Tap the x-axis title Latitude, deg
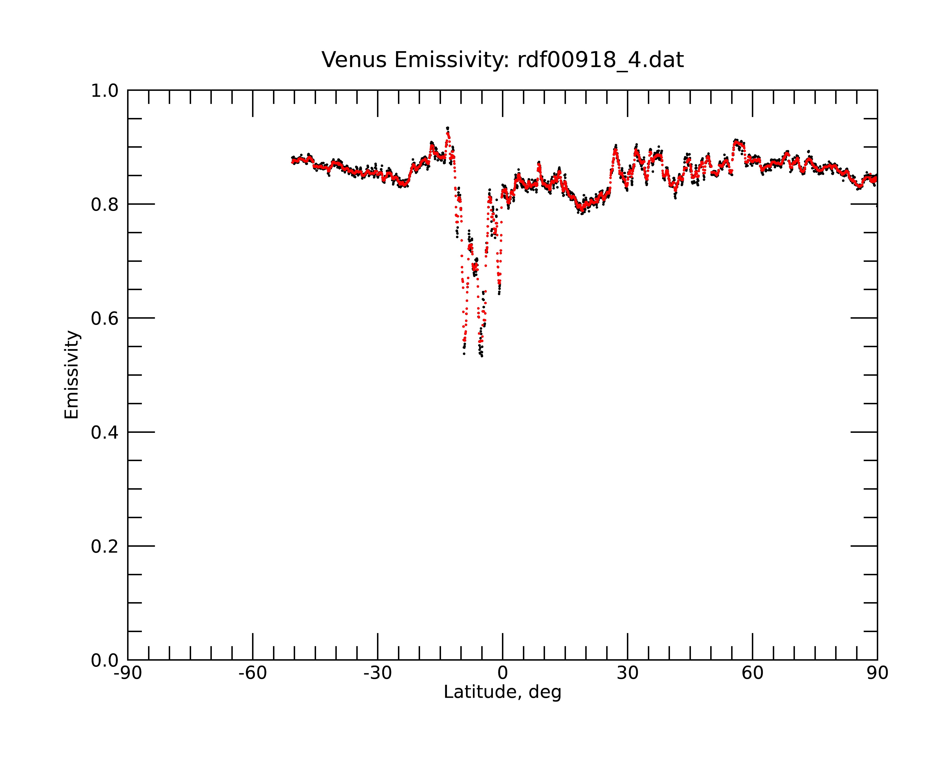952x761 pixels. [x=502, y=692]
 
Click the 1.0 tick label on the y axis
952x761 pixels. [x=105, y=91]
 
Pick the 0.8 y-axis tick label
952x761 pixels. [x=105, y=205]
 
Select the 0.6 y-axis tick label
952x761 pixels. [x=105, y=318]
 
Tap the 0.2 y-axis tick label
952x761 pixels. [x=105, y=546]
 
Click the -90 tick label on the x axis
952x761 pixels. [x=128, y=674]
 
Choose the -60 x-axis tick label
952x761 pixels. [x=253, y=674]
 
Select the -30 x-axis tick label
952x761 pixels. [x=377, y=674]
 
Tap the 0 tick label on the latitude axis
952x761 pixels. [x=502, y=674]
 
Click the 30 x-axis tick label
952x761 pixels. [x=627, y=674]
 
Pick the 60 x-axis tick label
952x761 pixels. [x=752, y=674]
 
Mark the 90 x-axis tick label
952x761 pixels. [x=877, y=674]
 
